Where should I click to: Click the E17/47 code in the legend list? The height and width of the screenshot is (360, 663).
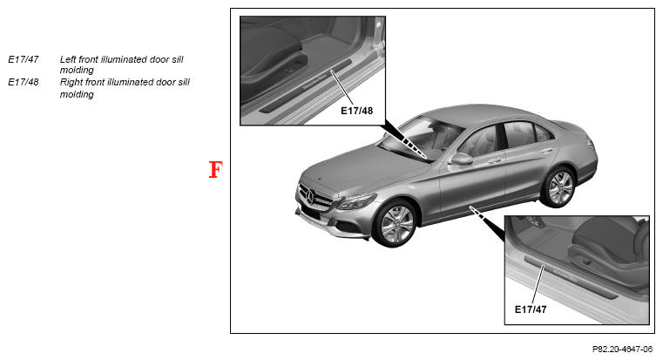[24, 59]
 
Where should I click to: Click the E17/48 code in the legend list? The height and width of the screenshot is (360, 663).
[24, 82]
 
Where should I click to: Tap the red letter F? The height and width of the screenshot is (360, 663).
[216, 170]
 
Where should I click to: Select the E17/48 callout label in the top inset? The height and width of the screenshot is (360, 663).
[357, 111]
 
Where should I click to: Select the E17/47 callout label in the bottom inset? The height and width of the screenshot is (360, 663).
[531, 309]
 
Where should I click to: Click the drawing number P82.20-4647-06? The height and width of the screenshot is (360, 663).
[622, 350]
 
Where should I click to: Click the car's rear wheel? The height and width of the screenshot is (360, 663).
[560, 187]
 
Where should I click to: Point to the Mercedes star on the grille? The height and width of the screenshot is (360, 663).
[311, 198]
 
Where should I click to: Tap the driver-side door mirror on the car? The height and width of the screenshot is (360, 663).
[461, 159]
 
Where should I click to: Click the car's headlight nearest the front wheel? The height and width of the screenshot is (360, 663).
[356, 201]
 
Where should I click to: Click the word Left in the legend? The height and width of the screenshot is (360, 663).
[68, 59]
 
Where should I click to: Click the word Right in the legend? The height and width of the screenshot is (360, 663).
[71, 82]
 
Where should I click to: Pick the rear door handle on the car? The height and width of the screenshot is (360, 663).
[548, 151]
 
